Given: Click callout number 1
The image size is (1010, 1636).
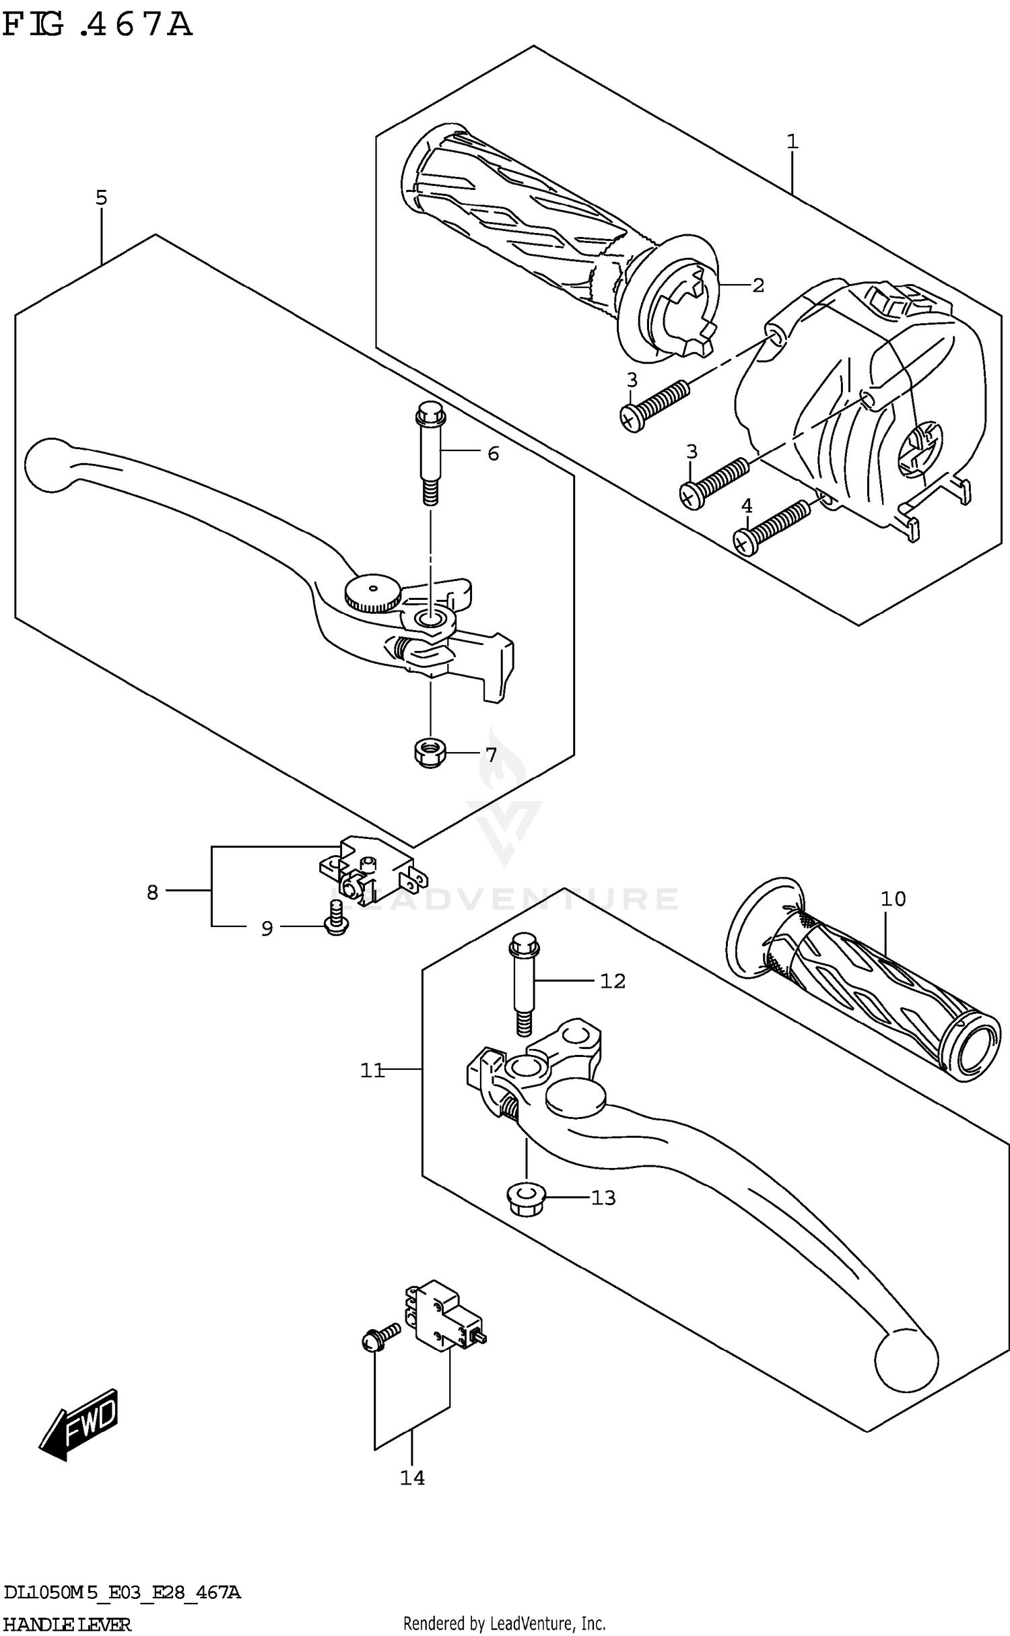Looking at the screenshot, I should tap(793, 142).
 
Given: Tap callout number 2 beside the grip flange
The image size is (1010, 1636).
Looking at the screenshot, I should tap(758, 285).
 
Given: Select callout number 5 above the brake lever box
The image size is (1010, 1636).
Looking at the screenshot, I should tap(101, 198).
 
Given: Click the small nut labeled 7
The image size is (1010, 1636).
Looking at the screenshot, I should tap(428, 755).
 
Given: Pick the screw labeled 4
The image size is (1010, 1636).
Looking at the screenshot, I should tap(771, 529).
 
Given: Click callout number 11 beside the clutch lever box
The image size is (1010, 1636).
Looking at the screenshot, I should tap(372, 1070).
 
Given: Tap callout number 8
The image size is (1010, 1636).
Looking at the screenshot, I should tap(153, 893).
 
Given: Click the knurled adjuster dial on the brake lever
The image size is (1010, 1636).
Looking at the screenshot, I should tap(372, 594).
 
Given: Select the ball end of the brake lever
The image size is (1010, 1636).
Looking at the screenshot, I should tap(48, 465).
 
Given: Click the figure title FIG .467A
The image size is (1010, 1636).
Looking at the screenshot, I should tap(98, 26).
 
